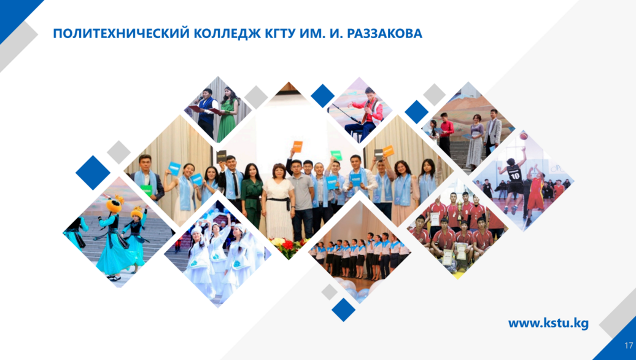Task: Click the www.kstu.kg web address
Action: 548,324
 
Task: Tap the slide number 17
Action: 628,346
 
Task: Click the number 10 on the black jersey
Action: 514,176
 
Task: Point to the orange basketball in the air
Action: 524,136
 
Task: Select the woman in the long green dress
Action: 227,115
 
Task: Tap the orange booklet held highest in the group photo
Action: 298,146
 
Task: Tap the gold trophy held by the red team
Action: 460,202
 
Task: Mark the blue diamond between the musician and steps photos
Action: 417,112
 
